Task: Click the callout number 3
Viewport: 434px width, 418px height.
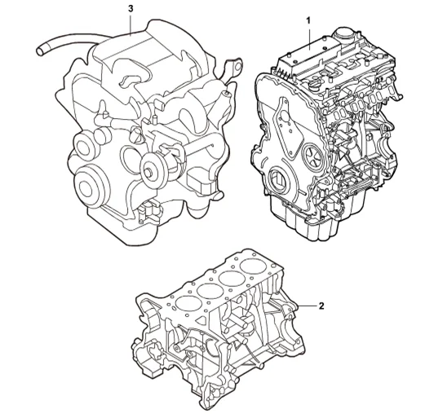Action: (131, 9)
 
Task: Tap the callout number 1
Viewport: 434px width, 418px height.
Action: (308, 20)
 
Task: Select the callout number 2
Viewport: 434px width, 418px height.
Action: (321, 306)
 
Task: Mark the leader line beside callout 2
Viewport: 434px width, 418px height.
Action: (307, 306)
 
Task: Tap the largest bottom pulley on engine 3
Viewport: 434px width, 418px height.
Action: (91, 187)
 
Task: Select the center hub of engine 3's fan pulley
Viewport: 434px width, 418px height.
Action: (149, 172)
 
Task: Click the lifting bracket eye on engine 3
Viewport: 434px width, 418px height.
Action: (237, 67)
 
